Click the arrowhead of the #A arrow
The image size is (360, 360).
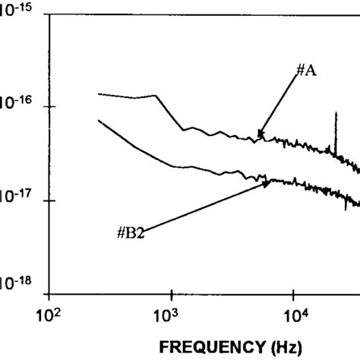[x=260, y=137]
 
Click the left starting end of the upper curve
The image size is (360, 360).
[x=99, y=93]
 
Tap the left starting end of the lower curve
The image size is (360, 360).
[x=99, y=120]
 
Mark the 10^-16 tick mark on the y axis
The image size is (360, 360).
[x=51, y=107]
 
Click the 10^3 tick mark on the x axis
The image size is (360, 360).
[x=172, y=292]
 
